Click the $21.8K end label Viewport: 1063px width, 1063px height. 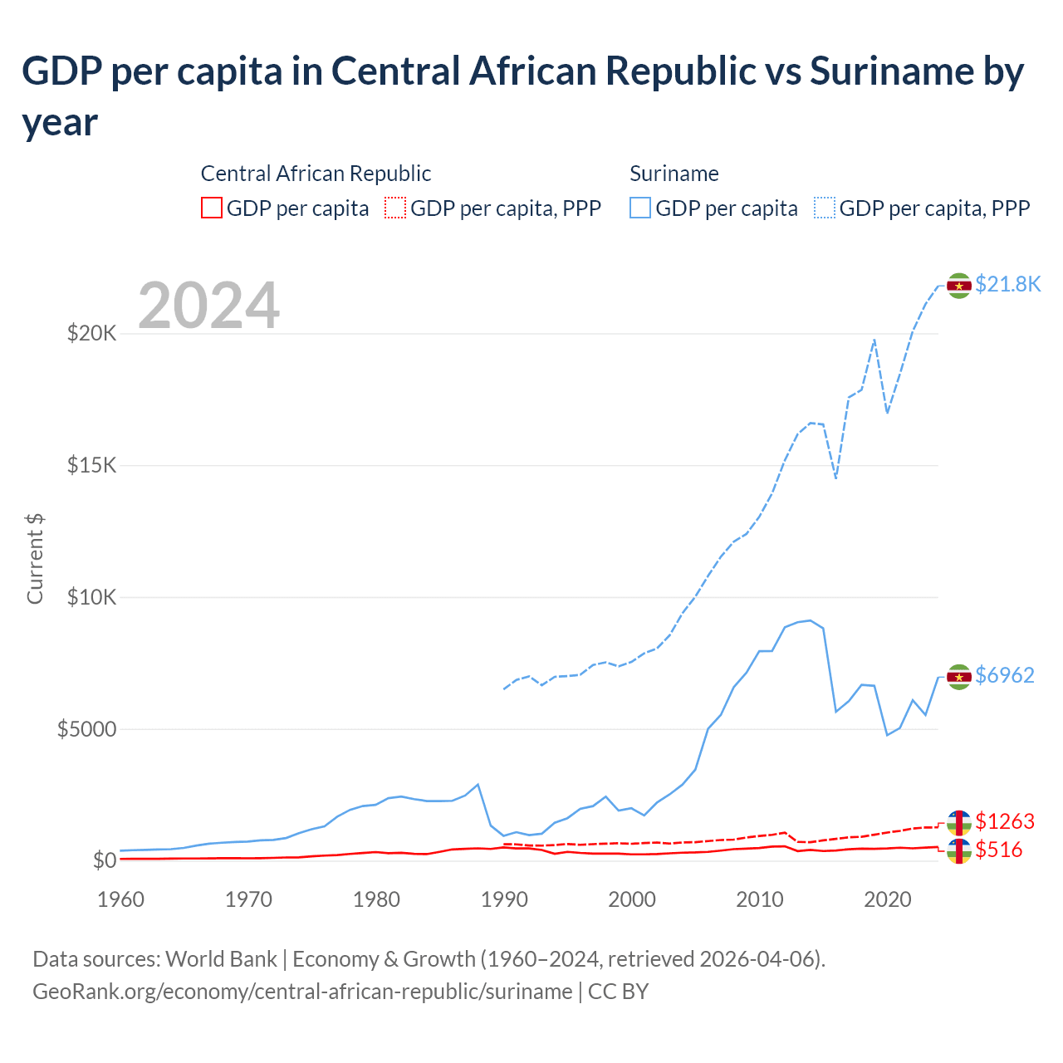click(x=1007, y=284)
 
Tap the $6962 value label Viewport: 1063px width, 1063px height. click(x=1004, y=675)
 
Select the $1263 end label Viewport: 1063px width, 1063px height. click(x=1004, y=821)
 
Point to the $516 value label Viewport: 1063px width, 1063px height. click(x=998, y=850)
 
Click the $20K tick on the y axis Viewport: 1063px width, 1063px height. click(x=92, y=334)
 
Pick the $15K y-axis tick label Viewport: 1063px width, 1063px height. click(x=92, y=465)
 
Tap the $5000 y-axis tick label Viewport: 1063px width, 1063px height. click(x=86, y=729)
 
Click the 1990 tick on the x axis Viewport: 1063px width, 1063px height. click(x=504, y=899)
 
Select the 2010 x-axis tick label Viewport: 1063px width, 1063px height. click(x=760, y=899)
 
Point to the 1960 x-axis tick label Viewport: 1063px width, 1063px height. click(x=120, y=899)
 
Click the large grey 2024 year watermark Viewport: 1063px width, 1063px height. click(x=208, y=306)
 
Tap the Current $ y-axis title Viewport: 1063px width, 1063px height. click(x=35, y=559)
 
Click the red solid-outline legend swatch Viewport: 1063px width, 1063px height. click(x=212, y=208)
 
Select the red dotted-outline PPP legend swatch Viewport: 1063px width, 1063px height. click(x=395, y=208)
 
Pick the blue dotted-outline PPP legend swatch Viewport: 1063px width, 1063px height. click(x=825, y=208)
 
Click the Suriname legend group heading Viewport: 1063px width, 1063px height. click(x=674, y=174)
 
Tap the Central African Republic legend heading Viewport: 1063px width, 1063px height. click(x=316, y=174)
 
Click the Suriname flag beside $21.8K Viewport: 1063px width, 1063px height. click(x=959, y=286)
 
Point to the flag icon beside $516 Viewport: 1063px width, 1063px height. click(x=959, y=850)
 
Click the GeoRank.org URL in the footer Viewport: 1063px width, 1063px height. click(x=302, y=992)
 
